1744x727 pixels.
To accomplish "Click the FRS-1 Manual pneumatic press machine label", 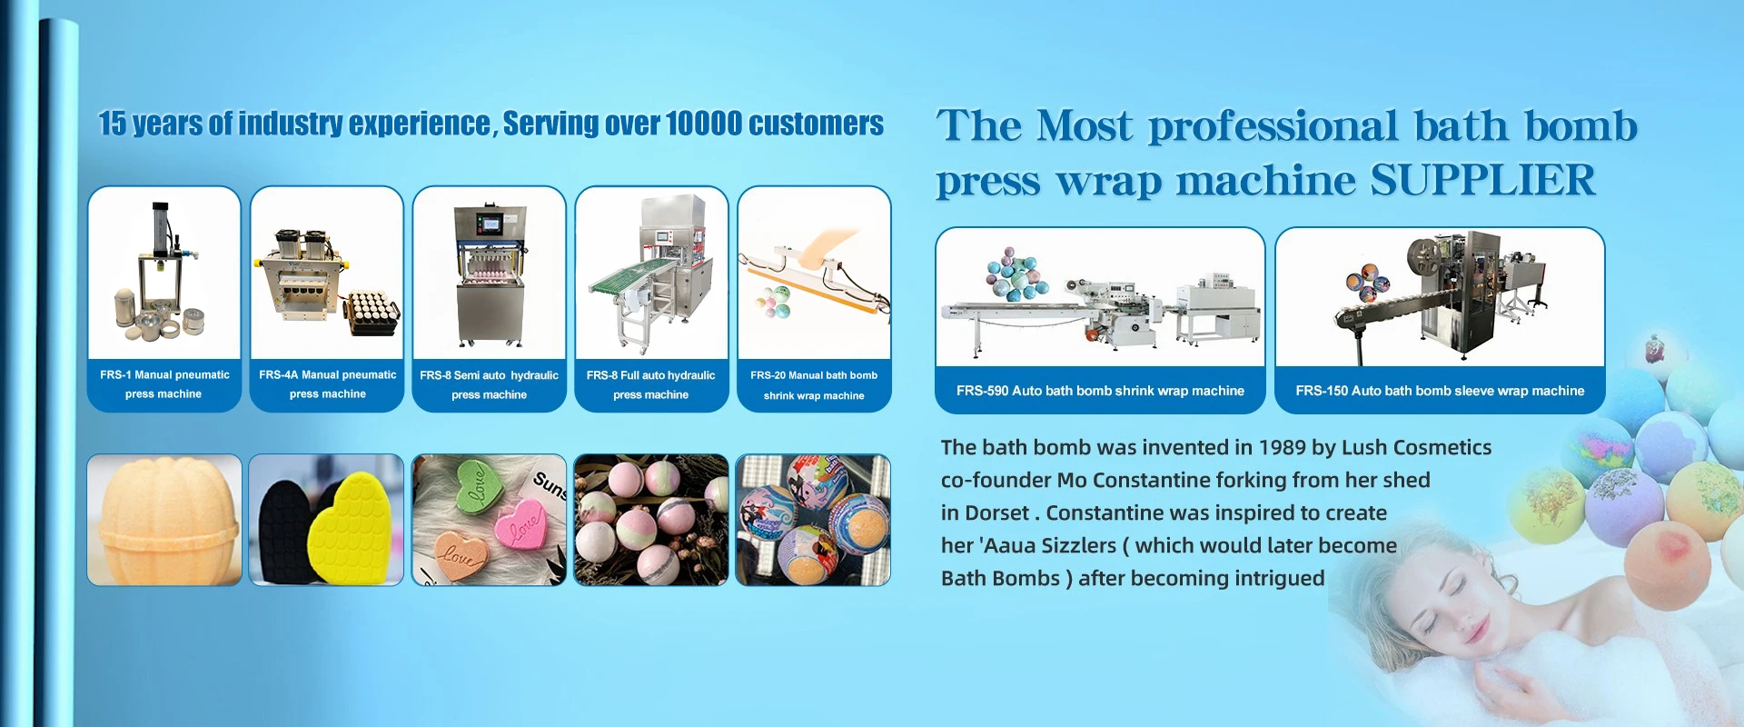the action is [x=164, y=384].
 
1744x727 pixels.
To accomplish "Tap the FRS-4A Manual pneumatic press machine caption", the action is [x=327, y=384].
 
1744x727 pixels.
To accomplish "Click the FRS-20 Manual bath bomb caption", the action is [x=814, y=375].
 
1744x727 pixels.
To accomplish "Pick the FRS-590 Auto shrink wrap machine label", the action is [x=1100, y=391].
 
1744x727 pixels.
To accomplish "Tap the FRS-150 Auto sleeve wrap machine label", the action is [x=1440, y=391].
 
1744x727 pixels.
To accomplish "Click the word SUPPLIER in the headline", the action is [x=1482, y=180].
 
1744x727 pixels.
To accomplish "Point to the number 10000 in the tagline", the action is [x=704, y=124].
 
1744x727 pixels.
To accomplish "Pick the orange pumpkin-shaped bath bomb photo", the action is [x=164, y=520].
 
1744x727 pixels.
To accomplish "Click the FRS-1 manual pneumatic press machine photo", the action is [x=164, y=273].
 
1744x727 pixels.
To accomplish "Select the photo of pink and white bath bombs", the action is [x=651, y=520].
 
